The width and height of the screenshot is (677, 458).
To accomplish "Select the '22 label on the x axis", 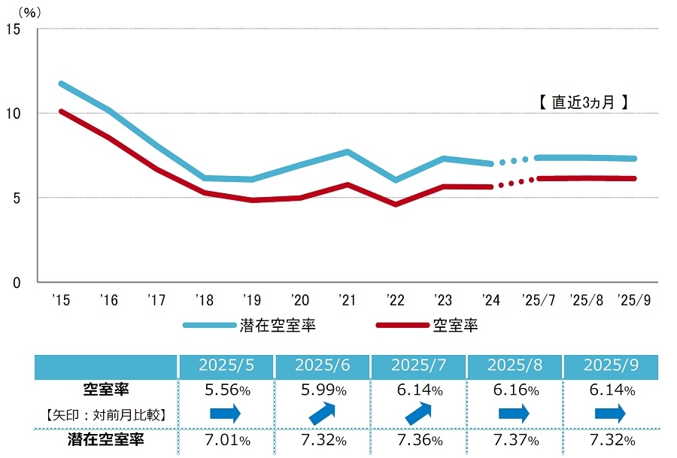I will (x=395, y=299).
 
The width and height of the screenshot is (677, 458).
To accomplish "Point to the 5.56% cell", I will (x=226, y=390).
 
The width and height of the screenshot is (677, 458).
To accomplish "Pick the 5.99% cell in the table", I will (x=322, y=390).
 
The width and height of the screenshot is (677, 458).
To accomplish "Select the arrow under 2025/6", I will (x=322, y=413).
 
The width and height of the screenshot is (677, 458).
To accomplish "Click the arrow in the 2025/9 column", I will (x=611, y=413).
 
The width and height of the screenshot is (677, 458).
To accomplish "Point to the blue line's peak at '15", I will (x=60, y=83).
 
